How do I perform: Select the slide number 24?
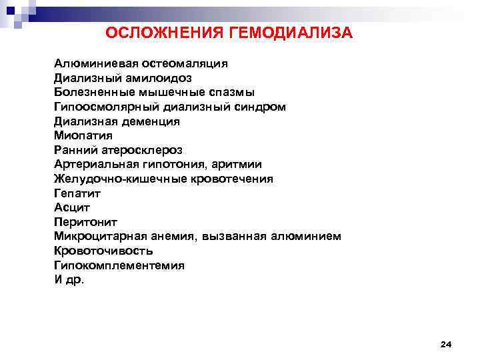(446, 344)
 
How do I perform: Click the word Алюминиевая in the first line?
(95, 64)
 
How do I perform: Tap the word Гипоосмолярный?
(105, 107)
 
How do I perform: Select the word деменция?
(150, 122)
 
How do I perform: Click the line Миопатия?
(84, 136)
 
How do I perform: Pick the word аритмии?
(237, 165)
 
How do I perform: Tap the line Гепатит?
(77, 193)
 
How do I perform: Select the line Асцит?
(72, 208)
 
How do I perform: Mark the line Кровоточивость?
(103, 251)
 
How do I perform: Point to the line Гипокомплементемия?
(119, 265)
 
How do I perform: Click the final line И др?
(69, 280)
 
